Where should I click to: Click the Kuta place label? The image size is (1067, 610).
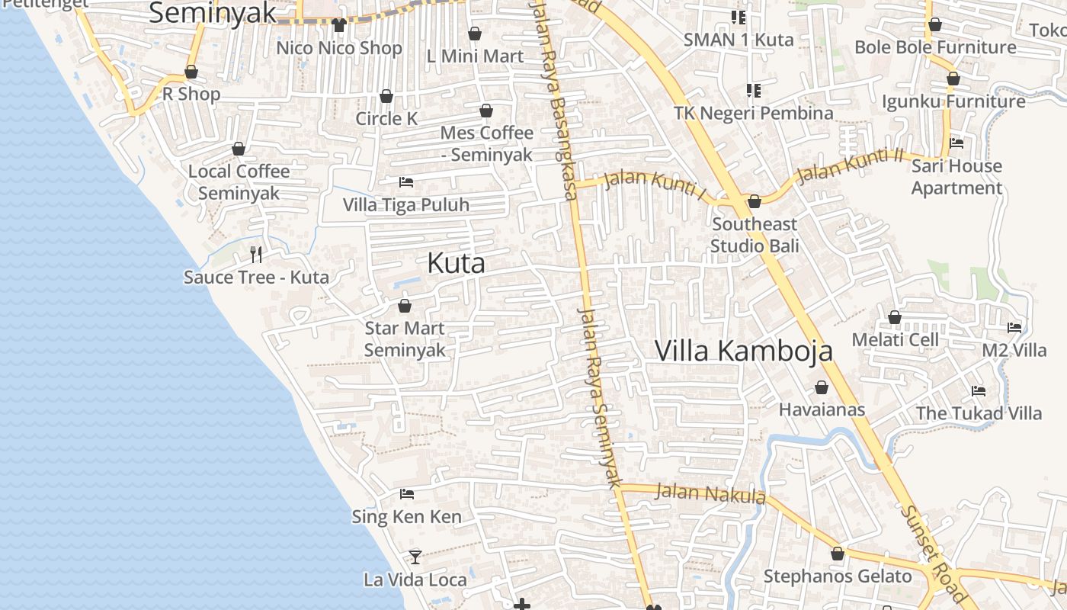click(x=456, y=263)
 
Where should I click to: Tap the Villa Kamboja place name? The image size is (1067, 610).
click(x=743, y=351)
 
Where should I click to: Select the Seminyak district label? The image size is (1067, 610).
click(x=212, y=13)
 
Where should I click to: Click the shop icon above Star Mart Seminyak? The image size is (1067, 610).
click(x=404, y=306)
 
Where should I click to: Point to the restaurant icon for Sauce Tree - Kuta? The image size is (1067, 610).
click(x=256, y=255)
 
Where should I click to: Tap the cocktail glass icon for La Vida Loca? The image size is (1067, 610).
click(x=415, y=557)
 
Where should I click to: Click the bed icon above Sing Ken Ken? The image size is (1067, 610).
click(x=406, y=494)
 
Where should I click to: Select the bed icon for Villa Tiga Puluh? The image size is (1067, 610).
click(x=406, y=182)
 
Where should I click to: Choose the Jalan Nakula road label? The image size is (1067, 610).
click(x=710, y=494)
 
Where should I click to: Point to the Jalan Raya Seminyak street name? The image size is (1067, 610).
click(x=600, y=396)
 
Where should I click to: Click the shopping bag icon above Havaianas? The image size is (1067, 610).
click(x=822, y=388)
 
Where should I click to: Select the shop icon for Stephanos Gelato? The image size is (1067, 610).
click(x=838, y=554)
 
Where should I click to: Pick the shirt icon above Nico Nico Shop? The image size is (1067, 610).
click(x=339, y=25)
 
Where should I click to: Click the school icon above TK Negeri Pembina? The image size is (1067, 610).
click(x=754, y=91)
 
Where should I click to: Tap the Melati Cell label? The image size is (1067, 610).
click(x=895, y=339)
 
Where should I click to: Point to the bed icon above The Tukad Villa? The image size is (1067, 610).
click(x=979, y=391)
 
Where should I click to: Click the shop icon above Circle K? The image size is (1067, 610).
click(x=386, y=96)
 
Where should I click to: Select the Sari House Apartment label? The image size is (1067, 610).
click(x=956, y=177)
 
